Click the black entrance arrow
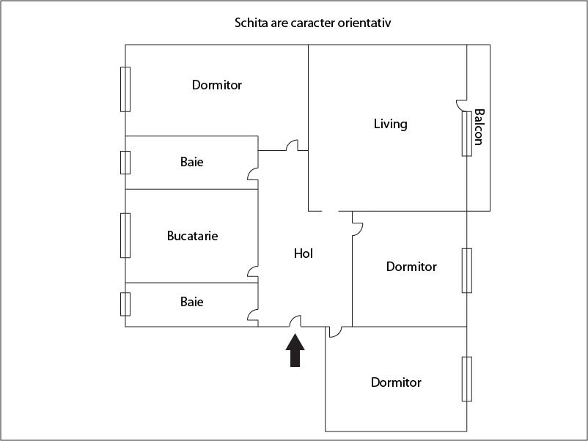click(x=295, y=350)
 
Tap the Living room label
click(x=390, y=124)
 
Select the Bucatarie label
click(x=192, y=236)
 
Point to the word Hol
click(x=304, y=253)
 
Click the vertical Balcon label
click(x=479, y=127)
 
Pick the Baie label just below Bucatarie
click(x=191, y=302)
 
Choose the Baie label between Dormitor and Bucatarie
click(x=191, y=162)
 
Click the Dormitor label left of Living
click(x=217, y=85)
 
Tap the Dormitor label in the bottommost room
click(x=396, y=382)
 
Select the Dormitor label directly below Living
click(x=411, y=267)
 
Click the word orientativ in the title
click(x=364, y=23)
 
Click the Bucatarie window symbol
click(x=125, y=236)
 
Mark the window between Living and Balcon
click(x=467, y=134)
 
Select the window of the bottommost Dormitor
click(x=467, y=379)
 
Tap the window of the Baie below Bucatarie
click(x=125, y=304)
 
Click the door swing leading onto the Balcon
click(x=461, y=105)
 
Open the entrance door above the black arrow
click(x=295, y=321)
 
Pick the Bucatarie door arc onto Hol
click(x=253, y=272)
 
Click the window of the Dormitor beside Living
click(x=467, y=270)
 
